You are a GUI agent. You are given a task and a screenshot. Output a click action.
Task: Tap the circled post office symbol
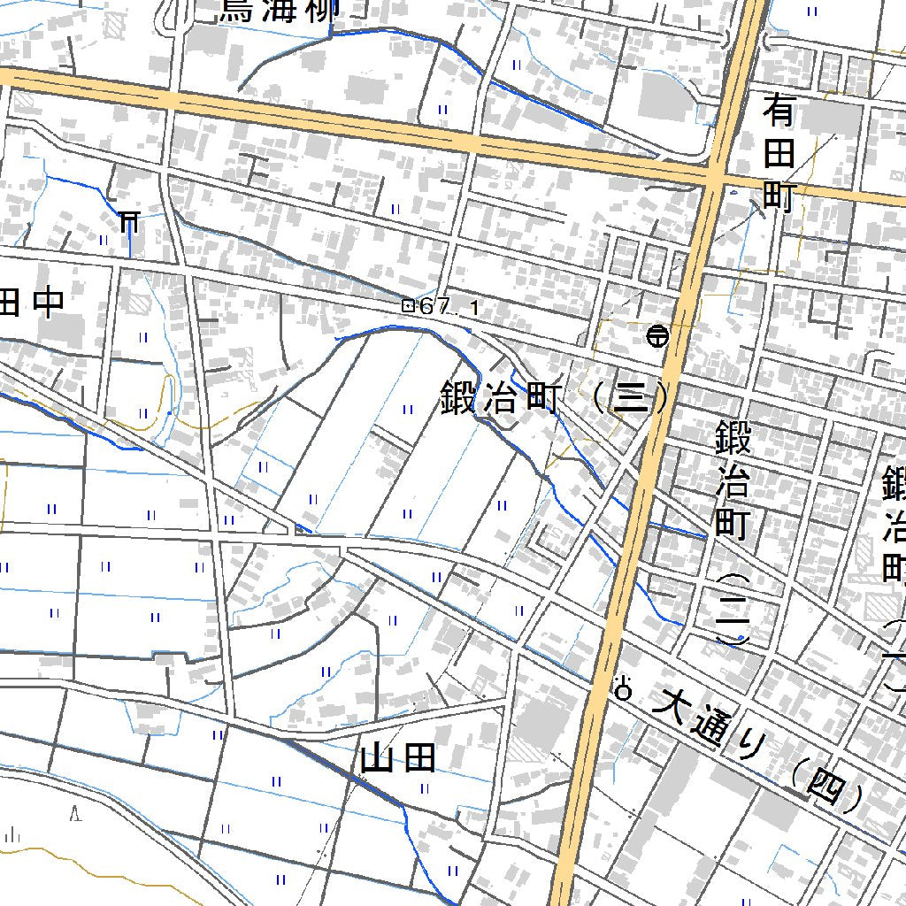tap(656, 335)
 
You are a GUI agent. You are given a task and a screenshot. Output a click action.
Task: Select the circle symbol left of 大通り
tap(624, 689)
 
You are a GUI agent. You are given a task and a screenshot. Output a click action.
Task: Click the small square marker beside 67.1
tap(408, 306)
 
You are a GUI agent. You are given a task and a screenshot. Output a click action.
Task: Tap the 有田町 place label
tap(779, 155)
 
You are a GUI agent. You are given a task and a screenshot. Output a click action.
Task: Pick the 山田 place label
tap(398, 757)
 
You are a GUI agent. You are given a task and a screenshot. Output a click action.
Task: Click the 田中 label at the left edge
tap(32, 302)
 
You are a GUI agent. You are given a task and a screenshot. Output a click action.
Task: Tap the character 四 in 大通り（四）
tap(825, 787)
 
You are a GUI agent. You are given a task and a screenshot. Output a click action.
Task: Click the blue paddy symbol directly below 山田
tap(424, 788)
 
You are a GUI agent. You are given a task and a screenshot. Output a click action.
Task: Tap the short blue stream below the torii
tap(130, 241)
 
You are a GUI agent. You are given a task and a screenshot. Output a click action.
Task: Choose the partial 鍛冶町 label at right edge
tap(894, 522)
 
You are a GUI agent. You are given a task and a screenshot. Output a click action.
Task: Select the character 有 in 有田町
tap(779, 112)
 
